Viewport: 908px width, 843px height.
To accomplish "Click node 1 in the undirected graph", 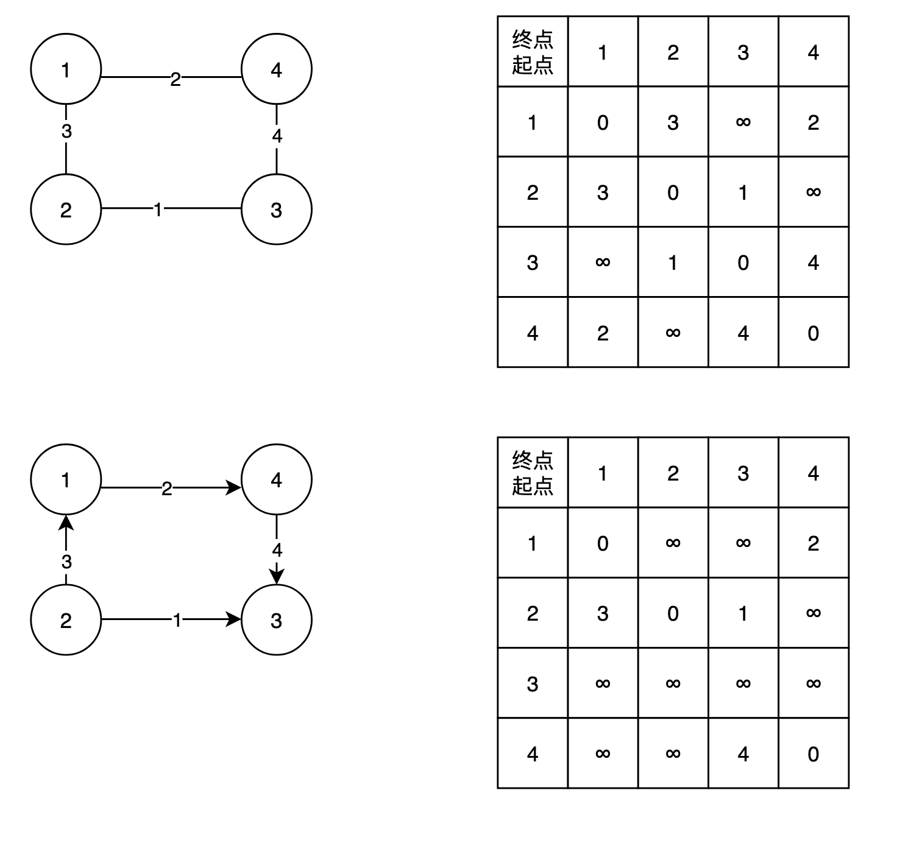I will click(x=66, y=69).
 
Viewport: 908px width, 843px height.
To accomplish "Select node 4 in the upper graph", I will click(x=277, y=69).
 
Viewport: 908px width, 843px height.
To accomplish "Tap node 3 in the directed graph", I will click(x=277, y=620).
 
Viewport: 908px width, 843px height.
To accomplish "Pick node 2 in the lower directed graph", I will click(x=66, y=620).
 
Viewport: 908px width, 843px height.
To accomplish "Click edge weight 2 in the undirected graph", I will click(x=176, y=79).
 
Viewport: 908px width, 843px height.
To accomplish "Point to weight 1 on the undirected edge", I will click(x=158, y=210).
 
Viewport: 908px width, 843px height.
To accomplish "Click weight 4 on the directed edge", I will click(x=277, y=551).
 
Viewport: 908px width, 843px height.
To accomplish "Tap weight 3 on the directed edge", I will click(x=66, y=562).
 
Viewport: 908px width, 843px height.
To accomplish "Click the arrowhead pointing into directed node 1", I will click(x=66, y=523).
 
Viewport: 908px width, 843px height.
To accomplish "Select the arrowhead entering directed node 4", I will click(x=234, y=488).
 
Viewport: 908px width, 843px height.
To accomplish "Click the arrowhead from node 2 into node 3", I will click(x=234, y=619).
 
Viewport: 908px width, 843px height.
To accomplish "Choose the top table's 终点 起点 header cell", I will click(x=533, y=52).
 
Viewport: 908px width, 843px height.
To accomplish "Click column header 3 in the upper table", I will click(x=743, y=52).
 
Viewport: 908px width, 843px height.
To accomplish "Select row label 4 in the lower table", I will click(x=533, y=754).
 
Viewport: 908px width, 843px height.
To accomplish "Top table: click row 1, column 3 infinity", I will click(x=743, y=122).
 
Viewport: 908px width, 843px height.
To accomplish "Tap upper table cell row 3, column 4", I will click(x=813, y=263).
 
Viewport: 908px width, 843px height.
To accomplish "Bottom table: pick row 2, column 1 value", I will click(x=603, y=613).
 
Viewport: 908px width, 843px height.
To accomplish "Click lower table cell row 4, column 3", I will click(x=743, y=754).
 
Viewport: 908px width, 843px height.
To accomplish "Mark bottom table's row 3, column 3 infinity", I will click(x=743, y=683).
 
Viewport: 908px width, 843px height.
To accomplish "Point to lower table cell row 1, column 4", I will click(x=813, y=543).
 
